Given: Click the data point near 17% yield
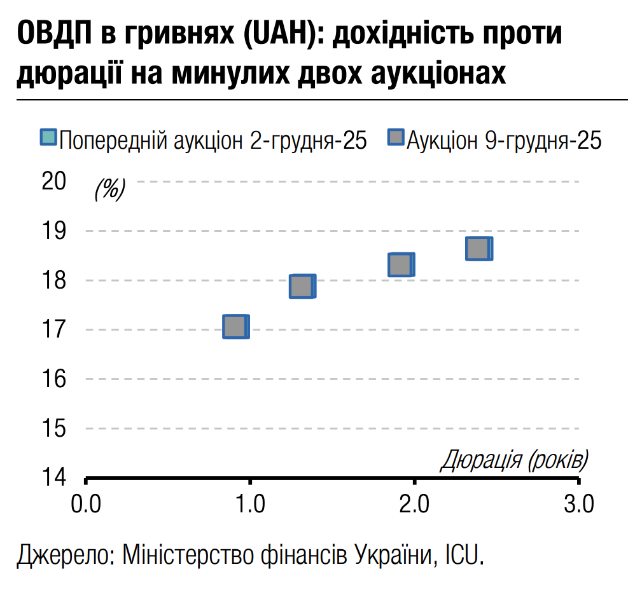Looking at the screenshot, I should pyautogui.click(x=235, y=327).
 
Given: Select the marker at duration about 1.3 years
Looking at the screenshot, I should pyautogui.click(x=302, y=287).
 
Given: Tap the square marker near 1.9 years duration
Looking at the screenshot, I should pyautogui.click(x=400, y=264).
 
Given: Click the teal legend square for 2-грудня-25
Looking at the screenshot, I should pyautogui.click(x=48, y=138).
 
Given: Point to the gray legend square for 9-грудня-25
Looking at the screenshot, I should pyautogui.click(x=396, y=138).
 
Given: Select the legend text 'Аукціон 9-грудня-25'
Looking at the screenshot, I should pyautogui.click(x=503, y=140).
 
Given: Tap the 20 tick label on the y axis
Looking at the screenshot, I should pyautogui.click(x=53, y=181).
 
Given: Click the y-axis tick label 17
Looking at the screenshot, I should pyautogui.click(x=53, y=329).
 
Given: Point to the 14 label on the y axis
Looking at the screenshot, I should pyautogui.click(x=53, y=476).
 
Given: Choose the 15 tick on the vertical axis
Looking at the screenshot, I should pyautogui.click(x=53, y=428).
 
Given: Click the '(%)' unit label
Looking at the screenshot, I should pyautogui.click(x=110, y=189).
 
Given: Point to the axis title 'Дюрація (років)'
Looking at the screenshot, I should pyautogui.click(x=514, y=459).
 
